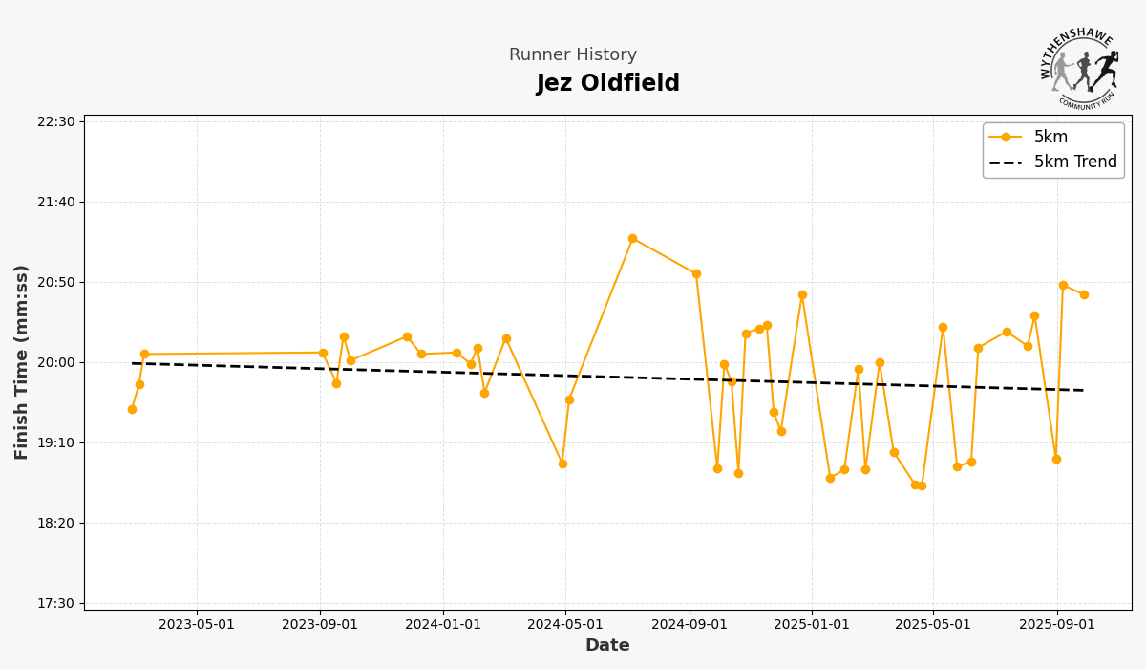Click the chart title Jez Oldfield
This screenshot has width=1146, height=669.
(607, 84)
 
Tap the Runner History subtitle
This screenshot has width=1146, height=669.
(572, 55)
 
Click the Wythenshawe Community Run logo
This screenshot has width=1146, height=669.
(1079, 67)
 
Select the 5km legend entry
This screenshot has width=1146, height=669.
(1050, 138)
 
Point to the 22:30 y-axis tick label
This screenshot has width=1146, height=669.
(56, 121)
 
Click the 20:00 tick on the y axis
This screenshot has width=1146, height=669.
(56, 362)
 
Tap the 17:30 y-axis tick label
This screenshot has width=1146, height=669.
(56, 603)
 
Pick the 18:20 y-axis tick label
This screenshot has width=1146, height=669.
(56, 523)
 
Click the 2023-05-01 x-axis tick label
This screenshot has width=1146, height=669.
(197, 625)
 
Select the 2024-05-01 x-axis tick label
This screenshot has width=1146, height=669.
(565, 625)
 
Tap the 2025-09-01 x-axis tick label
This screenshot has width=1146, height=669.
(1056, 625)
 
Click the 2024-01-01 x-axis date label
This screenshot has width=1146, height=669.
(443, 625)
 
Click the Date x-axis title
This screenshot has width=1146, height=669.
(607, 646)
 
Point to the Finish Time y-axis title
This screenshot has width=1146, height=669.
(22, 362)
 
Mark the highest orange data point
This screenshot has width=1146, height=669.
(632, 238)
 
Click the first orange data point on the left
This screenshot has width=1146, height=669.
(132, 409)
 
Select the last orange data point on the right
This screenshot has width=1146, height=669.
(1084, 294)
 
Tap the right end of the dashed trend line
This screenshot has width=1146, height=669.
(1084, 390)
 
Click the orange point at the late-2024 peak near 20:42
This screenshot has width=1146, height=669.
(802, 294)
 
